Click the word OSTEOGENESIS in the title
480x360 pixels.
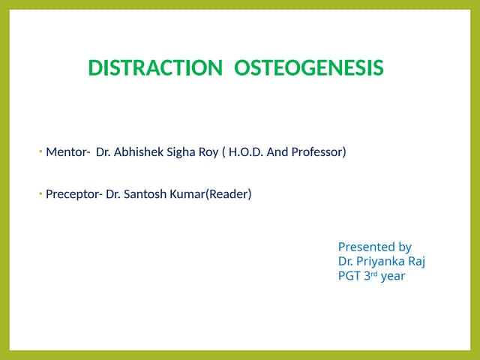click(309, 68)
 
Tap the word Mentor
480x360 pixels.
click(65, 153)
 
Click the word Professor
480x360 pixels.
click(320, 153)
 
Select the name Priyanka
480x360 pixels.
click(382, 261)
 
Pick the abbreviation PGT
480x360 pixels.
click(349, 275)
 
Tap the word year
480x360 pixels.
click(394, 276)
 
